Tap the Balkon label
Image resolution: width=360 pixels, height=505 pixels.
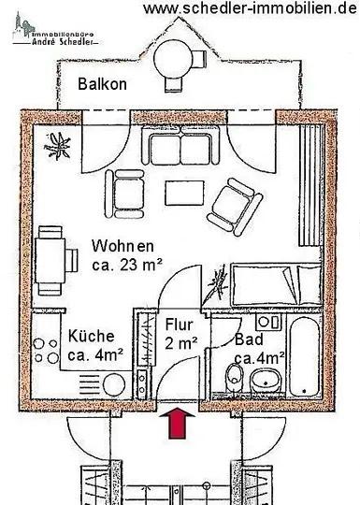(x=102, y=83)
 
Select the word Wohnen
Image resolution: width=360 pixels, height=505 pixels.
(x=122, y=245)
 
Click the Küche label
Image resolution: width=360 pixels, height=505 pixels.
(x=91, y=336)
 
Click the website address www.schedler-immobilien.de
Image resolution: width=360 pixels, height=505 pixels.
(x=251, y=8)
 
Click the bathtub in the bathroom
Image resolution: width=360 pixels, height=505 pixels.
(x=300, y=357)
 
